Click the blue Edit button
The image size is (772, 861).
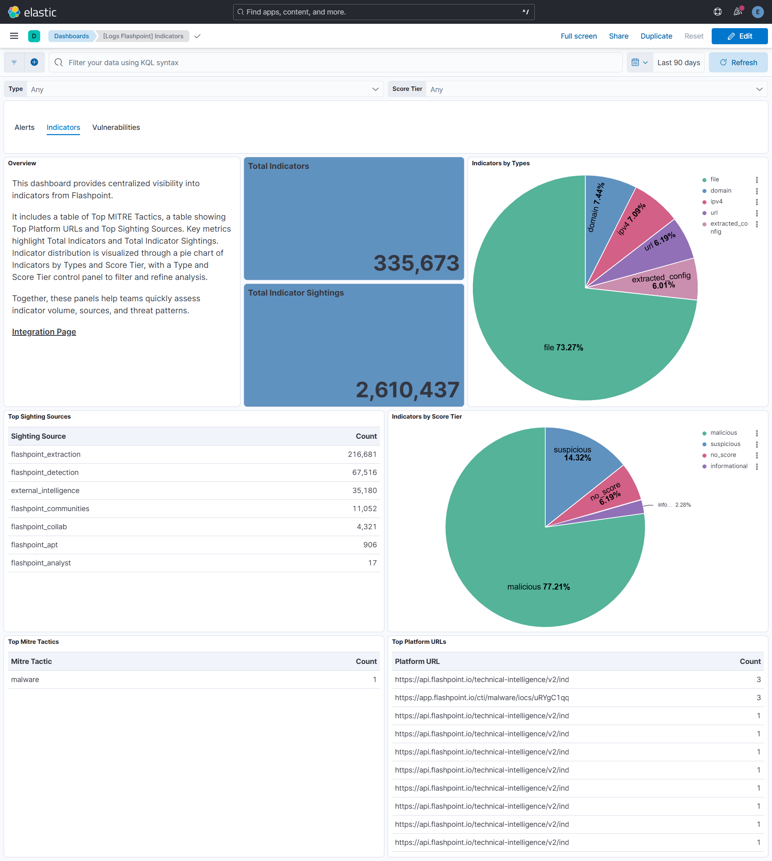[739, 36]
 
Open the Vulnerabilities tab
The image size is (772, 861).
[116, 127]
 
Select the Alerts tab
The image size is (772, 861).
[25, 127]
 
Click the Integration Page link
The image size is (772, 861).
[44, 332]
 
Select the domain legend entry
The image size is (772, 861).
[721, 191]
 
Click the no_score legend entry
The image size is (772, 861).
[723, 455]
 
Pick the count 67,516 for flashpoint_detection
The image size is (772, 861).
[364, 472]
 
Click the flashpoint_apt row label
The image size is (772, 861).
[34, 545]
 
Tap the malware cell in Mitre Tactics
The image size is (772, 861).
[25, 679]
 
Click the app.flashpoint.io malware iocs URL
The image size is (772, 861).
[482, 697]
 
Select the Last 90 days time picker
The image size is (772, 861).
[678, 62]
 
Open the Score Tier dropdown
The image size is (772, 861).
[594, 89]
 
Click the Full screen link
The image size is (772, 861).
[579, 36]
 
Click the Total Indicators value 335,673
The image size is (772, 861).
[416, 263]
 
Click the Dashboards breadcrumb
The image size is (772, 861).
[71, 36]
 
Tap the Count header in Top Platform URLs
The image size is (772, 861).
[750, 661]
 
